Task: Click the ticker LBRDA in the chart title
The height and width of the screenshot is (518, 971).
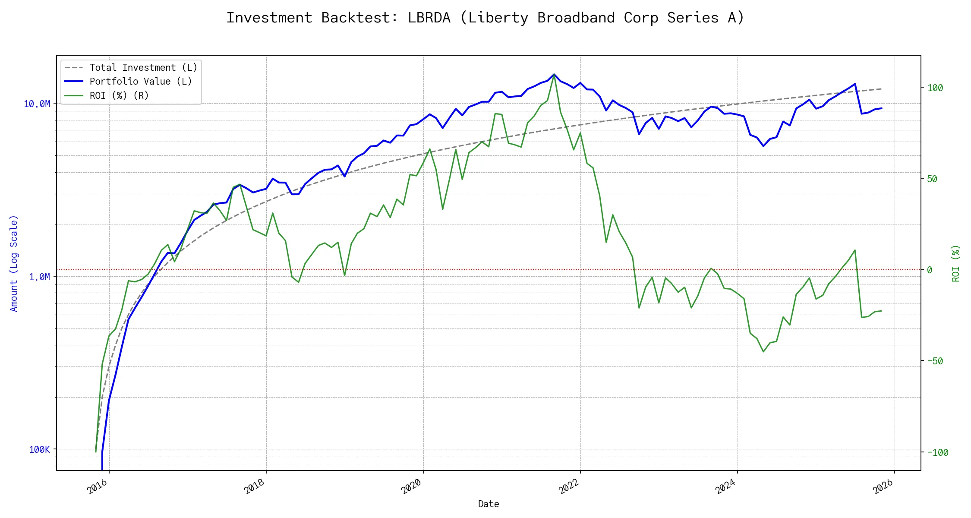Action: coord(429,18)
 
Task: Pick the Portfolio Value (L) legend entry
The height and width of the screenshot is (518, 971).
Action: coord(141,82)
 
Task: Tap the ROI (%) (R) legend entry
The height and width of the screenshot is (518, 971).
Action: coord(119,95)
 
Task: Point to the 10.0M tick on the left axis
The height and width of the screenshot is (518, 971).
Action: coord(37,104)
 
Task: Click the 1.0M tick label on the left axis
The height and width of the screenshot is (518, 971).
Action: coord(39,277)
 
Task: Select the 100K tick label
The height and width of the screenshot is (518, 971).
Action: coord(39,449)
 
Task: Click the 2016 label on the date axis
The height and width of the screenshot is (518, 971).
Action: coord(98,486)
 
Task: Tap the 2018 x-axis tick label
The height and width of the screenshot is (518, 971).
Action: coord(255,486)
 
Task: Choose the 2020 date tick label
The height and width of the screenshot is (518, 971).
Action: coord(412,486)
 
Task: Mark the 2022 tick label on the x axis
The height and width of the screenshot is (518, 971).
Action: coord(569,486)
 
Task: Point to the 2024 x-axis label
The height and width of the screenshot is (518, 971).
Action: coord(726,486)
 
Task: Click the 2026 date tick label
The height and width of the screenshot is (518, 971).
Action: coord(883,486)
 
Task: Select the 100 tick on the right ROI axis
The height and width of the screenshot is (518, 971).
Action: coord(935,88)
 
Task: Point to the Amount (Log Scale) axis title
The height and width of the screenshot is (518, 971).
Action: coord(14,263)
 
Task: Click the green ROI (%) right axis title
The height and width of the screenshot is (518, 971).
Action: coord(956,263)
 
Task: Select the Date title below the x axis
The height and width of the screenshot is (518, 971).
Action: coord(489,504)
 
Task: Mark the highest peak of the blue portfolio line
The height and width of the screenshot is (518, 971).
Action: coord(554,74)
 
